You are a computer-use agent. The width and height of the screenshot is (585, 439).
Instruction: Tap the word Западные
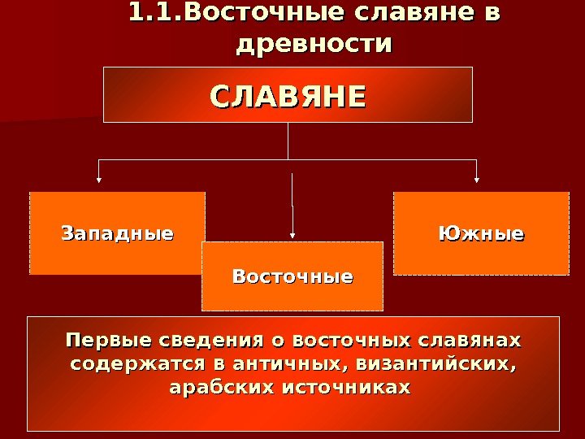coord(118,234)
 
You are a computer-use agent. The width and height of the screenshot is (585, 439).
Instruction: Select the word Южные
coord(481,234)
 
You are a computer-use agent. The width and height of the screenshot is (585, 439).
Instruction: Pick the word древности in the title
coord(313,43)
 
